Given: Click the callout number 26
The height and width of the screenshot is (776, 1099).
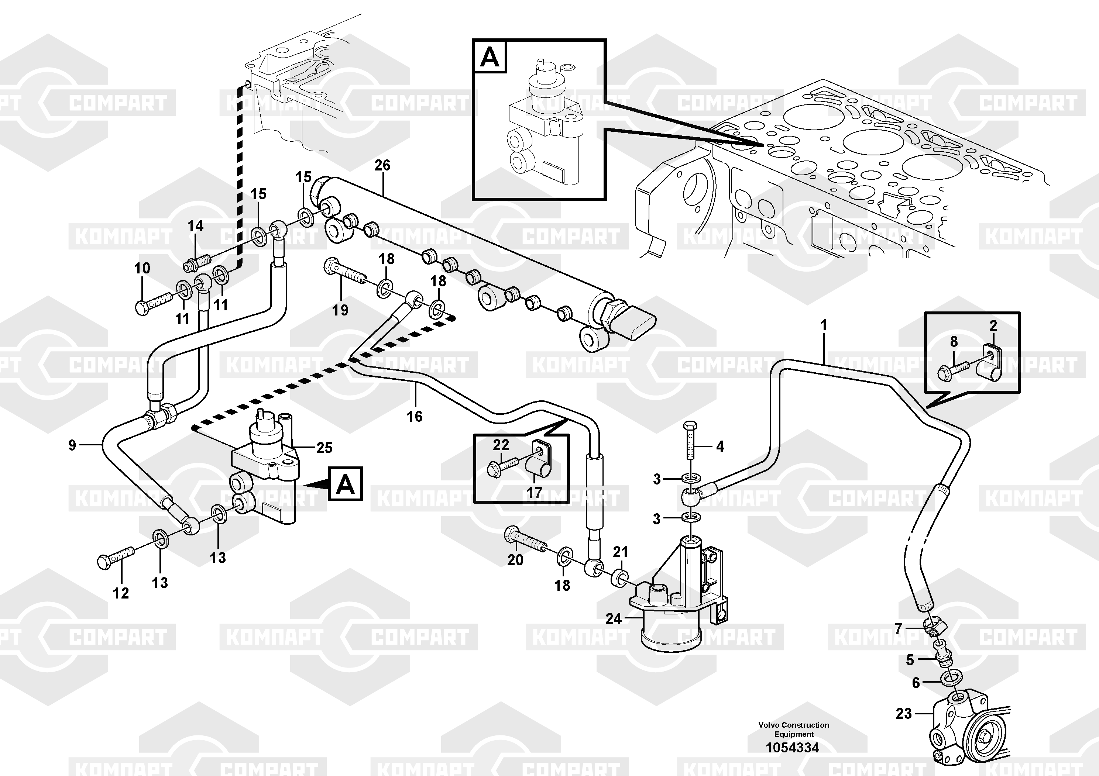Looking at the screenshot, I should (x=382, y=166).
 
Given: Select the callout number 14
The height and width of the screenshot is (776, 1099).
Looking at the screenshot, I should (x=195, y=226).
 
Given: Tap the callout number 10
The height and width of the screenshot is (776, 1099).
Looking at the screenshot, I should (x=142, y=268).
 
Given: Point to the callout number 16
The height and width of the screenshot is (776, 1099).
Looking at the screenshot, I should (x=415, y=416).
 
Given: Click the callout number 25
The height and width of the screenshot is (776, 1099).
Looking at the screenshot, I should (x=324, y=448).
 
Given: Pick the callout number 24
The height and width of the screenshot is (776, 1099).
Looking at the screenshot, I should (x=613, y=618).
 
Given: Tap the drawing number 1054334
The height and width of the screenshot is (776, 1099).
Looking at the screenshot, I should (x=792, y=747).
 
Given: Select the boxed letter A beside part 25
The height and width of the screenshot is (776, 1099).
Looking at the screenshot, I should (x=346, y=484).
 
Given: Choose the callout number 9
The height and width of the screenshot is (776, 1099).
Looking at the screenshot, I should (x=72, y=445).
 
